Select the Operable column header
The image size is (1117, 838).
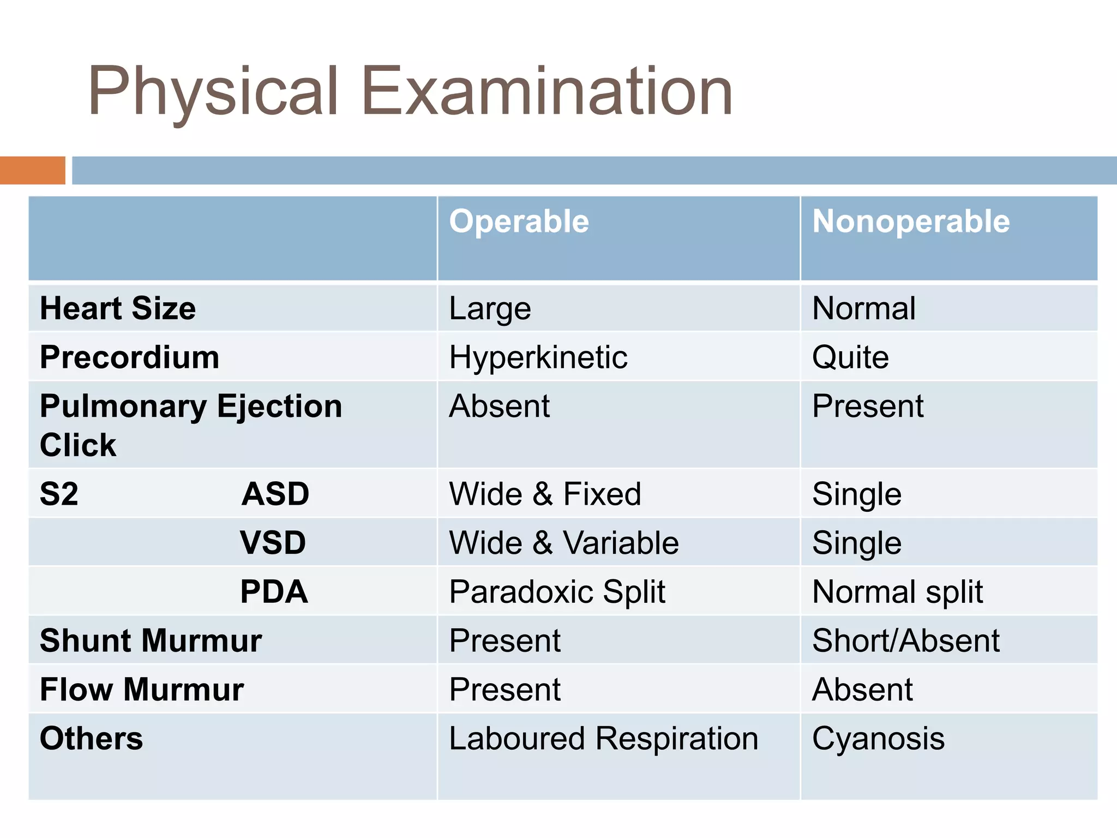(519, 222)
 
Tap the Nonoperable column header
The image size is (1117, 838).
(911, 222)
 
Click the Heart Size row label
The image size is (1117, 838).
(118, 308)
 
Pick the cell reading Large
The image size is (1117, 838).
(490, 309)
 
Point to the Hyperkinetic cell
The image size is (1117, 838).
(538, 358)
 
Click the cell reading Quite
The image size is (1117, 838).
(850, 358)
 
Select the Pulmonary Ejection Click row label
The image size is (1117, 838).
(191, 425)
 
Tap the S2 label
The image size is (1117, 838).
(59, 494)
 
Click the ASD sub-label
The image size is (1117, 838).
(275, 494)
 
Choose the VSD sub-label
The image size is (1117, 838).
(273, 543)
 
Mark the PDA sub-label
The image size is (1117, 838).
(274, 592)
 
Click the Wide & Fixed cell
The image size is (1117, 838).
(545, 494)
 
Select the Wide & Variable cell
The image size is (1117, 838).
(564, 543)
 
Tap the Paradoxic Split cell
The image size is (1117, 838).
(557, 592)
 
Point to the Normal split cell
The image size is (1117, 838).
(897, 592)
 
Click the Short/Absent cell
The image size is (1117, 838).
(905, 641)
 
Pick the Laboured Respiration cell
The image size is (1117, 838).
(603, 739)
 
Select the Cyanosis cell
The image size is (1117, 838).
(878, 739)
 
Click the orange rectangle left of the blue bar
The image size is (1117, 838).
(33, 170)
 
